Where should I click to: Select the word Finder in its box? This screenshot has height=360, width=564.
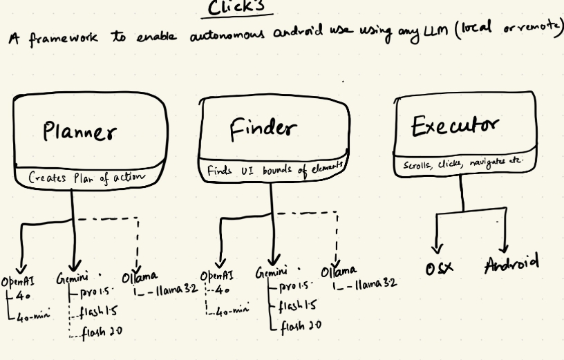[x=263, y=129]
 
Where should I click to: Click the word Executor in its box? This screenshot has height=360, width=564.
[x=454, y=126]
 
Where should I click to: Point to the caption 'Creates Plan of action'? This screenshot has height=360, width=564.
[x=87, y=177]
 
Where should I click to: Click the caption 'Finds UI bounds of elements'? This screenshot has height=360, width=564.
[x=274, y=169]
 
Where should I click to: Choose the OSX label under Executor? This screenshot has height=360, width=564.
[x=439, y=267]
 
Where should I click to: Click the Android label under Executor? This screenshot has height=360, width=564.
[x=511, y=264]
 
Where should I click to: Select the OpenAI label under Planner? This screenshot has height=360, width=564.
[x=18, y=281]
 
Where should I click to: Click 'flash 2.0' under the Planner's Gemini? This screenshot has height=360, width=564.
[x=102, y=333]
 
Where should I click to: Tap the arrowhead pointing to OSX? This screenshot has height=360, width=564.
[x=437, y=248]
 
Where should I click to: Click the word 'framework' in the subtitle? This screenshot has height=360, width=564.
[x=63, y=38]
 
